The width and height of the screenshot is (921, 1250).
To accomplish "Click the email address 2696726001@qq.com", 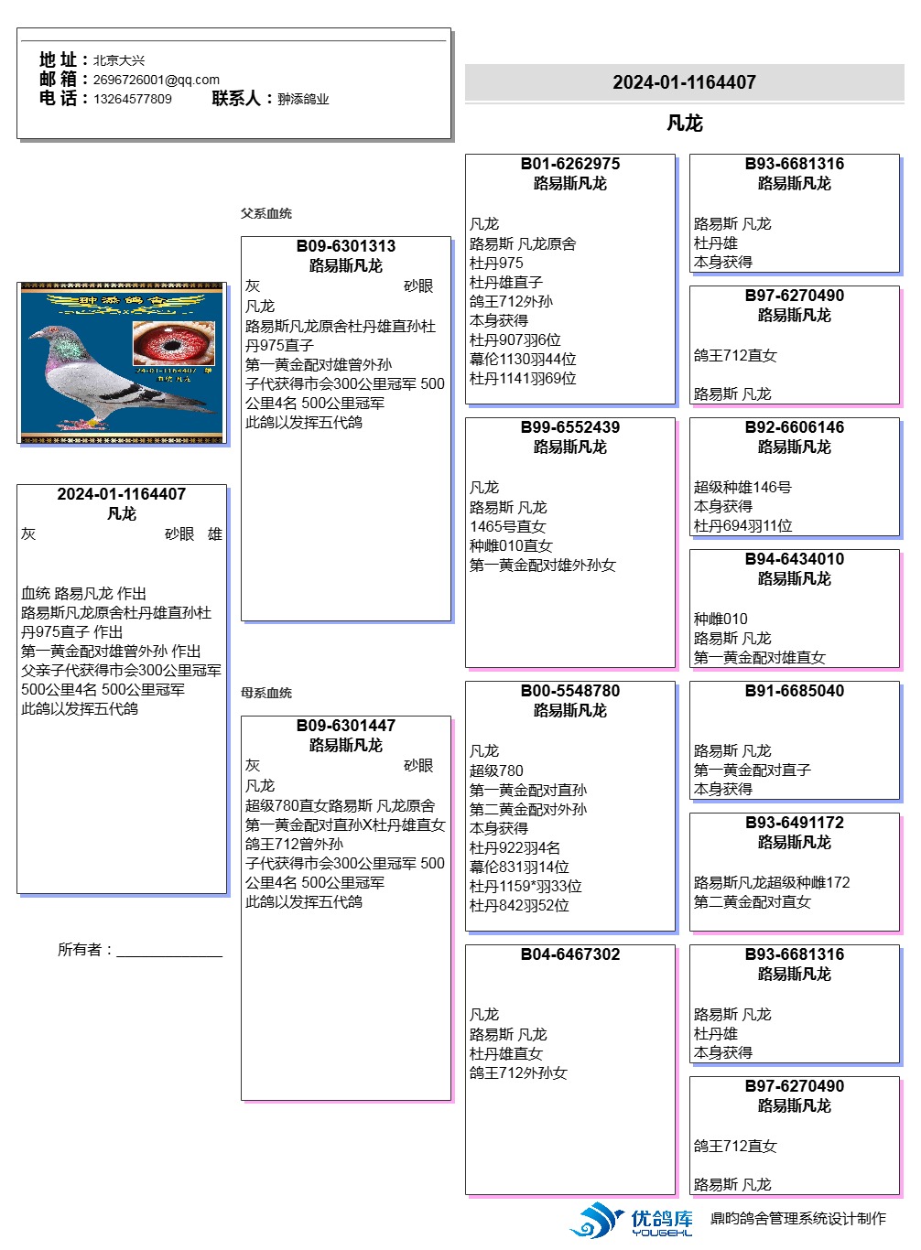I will tap(156, 80).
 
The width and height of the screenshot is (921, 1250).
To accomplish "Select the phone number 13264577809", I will tap(132, 99).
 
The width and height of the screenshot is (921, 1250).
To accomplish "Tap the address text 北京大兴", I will tap(119, 60).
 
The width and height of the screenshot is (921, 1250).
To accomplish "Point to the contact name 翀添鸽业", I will tap(303, 99).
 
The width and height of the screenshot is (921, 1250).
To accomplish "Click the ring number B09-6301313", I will tap(346, 246).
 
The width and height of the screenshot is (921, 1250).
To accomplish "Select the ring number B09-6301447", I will tap(346, 726).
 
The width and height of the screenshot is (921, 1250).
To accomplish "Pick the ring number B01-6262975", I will tap(570, 164).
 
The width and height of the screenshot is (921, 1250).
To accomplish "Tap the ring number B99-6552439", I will tap(570, 427).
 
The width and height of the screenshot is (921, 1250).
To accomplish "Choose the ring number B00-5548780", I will tap(570, 691).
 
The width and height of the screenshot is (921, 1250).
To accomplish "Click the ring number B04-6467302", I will tap(570, 954).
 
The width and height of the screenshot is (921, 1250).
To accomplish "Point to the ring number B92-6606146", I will tap(795, 427).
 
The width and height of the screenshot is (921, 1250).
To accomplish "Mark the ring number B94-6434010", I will tap(795, 559).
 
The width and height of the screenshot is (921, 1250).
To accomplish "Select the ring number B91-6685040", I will tap(795, 691).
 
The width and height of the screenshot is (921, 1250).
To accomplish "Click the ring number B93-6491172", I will tap(795, 823).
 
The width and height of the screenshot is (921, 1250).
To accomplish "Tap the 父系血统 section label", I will tap(266, 213).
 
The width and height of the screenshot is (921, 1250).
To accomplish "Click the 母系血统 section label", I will tap(266, 693).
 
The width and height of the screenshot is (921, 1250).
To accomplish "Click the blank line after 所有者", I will tap(169, 951).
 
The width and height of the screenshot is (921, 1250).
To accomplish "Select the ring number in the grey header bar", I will tap(685, 82).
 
